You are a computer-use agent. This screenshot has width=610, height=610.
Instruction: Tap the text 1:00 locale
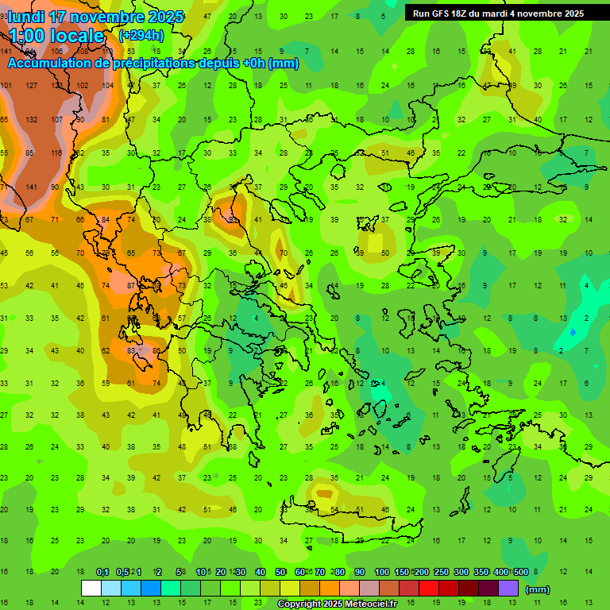[x=56, y=36]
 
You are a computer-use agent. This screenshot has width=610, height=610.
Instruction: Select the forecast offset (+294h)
[x=141, y=35]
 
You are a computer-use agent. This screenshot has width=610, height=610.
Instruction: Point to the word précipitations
[x=158, y=64]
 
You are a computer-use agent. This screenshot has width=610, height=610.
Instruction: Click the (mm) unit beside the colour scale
[x=538, y=589]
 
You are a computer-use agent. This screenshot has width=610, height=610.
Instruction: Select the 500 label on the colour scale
[x=521, y=572]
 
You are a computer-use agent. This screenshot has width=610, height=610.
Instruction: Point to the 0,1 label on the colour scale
[x=102, y=572]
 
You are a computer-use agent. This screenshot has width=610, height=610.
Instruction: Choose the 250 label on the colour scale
[x=441, y=572]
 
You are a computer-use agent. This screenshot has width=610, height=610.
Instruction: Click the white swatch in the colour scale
[x=91, y=589]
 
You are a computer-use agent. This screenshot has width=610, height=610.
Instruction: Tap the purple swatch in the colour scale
[x=508, y=589]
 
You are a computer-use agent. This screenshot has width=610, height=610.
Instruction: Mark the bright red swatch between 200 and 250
[x=429, y=589]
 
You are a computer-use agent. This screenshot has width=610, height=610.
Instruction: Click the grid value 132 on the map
[x=32, y=119]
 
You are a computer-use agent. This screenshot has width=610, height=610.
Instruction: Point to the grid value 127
[x=32, y=85]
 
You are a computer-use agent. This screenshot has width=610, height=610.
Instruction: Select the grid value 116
[x=56, y=152]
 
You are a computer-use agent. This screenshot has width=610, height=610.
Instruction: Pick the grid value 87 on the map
[x=131, y=285]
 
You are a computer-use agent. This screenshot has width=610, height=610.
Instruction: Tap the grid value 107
[x=57, y=119]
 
